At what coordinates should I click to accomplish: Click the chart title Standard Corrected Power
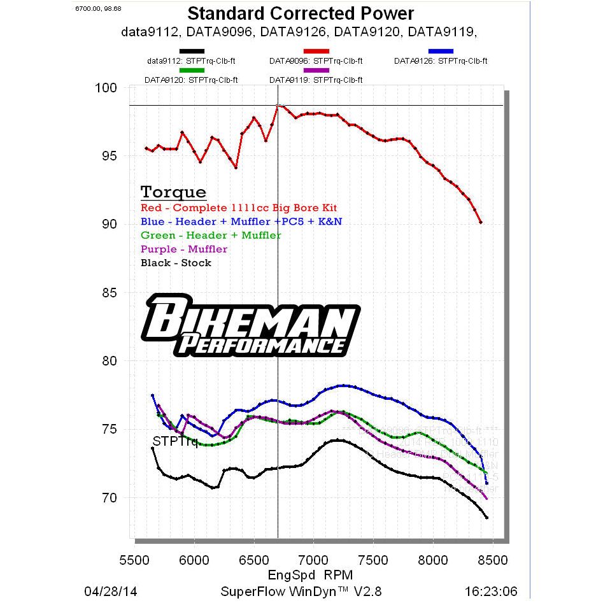click(x=301, y=13)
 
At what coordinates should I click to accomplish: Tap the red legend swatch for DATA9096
click(x=316, y=51)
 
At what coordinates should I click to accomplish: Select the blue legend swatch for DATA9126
click(x=441, y=51)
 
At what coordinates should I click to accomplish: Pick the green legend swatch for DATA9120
click(x=191, y=70)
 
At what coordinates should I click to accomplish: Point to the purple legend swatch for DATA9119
click(x=316, y=70)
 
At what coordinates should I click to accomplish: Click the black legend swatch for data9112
click(x=191, y=51)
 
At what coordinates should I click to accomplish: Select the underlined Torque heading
click(x=173, y=192)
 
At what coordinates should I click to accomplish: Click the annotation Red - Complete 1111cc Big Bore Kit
click(x=239, y=208)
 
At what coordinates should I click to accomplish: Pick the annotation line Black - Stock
click(x=176, y=263)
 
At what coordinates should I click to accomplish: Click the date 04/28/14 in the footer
click(x=110, y=591)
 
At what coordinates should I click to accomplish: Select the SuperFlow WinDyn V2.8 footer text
click(x=301, y=591)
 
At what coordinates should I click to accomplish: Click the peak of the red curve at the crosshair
click(x=278, y=106)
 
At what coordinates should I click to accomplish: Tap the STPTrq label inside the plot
click(x=174, y=441)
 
